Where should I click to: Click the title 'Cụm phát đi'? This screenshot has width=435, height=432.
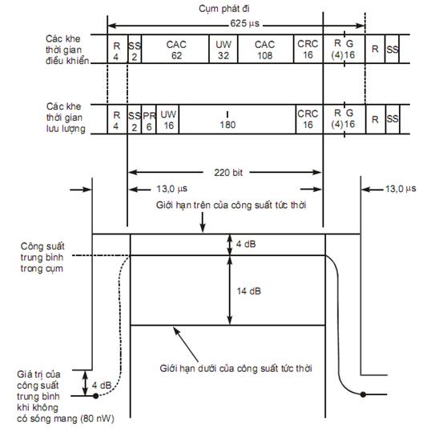click(224, 9)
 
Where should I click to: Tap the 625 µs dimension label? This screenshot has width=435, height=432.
click(244, 23)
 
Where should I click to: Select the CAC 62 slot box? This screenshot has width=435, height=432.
click(175, 49)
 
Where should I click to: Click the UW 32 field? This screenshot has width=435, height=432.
click(224, 49)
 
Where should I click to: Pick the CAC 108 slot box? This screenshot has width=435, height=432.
click(265, 49)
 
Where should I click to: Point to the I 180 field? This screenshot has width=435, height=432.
click(237, 119)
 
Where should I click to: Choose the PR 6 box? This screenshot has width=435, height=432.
click(149, 119)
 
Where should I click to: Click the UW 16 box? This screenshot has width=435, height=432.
click(167, 119)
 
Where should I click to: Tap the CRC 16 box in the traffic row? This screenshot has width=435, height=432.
click(309, 119)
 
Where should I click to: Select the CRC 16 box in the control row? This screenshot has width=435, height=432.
click(308, 49)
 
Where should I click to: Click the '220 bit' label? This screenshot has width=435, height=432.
click(228, 173)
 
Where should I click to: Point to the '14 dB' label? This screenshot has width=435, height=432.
click(248, 291)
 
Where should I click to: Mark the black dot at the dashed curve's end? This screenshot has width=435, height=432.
click(95, 396)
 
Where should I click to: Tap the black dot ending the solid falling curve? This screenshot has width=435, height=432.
click(363, 394)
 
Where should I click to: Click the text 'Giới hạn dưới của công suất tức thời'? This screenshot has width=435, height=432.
click(236, 369)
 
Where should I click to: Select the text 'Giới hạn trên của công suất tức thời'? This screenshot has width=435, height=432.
click(231, 205)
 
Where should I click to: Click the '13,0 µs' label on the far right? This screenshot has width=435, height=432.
click(401, 189)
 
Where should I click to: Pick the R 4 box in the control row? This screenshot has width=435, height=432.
click(117, 49)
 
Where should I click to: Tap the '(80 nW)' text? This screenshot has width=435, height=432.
click(98, 418)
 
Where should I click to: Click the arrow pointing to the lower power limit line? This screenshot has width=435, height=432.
click(186, 345)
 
